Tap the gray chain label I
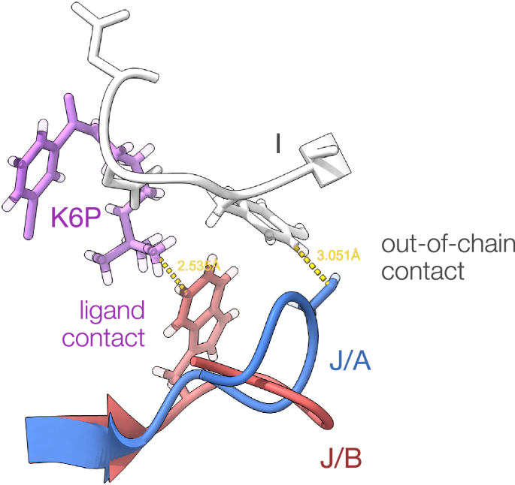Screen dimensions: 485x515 click(x=278, y=143)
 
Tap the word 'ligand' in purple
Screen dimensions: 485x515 click(x=114, y=309)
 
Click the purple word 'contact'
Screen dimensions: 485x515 click(x=103, y=338)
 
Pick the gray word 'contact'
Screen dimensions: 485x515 click(x=423, y=271)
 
